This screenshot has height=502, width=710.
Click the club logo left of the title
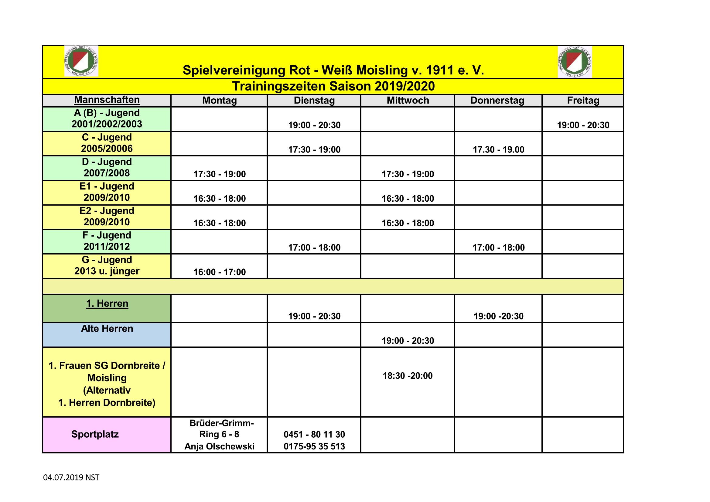tap(81, 61)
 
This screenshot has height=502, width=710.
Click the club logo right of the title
tap(575, 62)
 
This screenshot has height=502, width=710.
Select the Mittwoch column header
tap(408, 101)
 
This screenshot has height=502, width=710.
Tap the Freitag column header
tap(583, 101)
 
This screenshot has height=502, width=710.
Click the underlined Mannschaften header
tap(107, 100)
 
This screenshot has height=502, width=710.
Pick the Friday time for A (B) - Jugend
tap(583, 125)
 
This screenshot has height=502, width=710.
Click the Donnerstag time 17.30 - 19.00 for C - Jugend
tap(498, 150)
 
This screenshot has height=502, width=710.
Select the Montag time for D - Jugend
tap(220, 174)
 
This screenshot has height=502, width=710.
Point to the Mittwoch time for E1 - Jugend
tap(408, 199)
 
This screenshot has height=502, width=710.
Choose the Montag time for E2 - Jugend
tap(220, 223)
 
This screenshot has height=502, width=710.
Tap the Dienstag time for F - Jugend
tap(314, 248)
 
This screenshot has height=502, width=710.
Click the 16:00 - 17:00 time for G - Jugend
tap(220, 272)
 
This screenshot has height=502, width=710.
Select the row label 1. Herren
tap(107, 303)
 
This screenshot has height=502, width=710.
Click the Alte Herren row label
tap(107, 329)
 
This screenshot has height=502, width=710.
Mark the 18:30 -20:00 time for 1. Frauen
tap(408, 376)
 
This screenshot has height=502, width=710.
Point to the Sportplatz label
tap(95, 434)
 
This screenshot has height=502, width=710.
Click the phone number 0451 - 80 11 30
tap(314, 435)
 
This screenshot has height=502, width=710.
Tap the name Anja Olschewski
tap(220, 446)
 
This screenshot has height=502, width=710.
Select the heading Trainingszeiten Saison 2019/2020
tap(333, 86)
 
